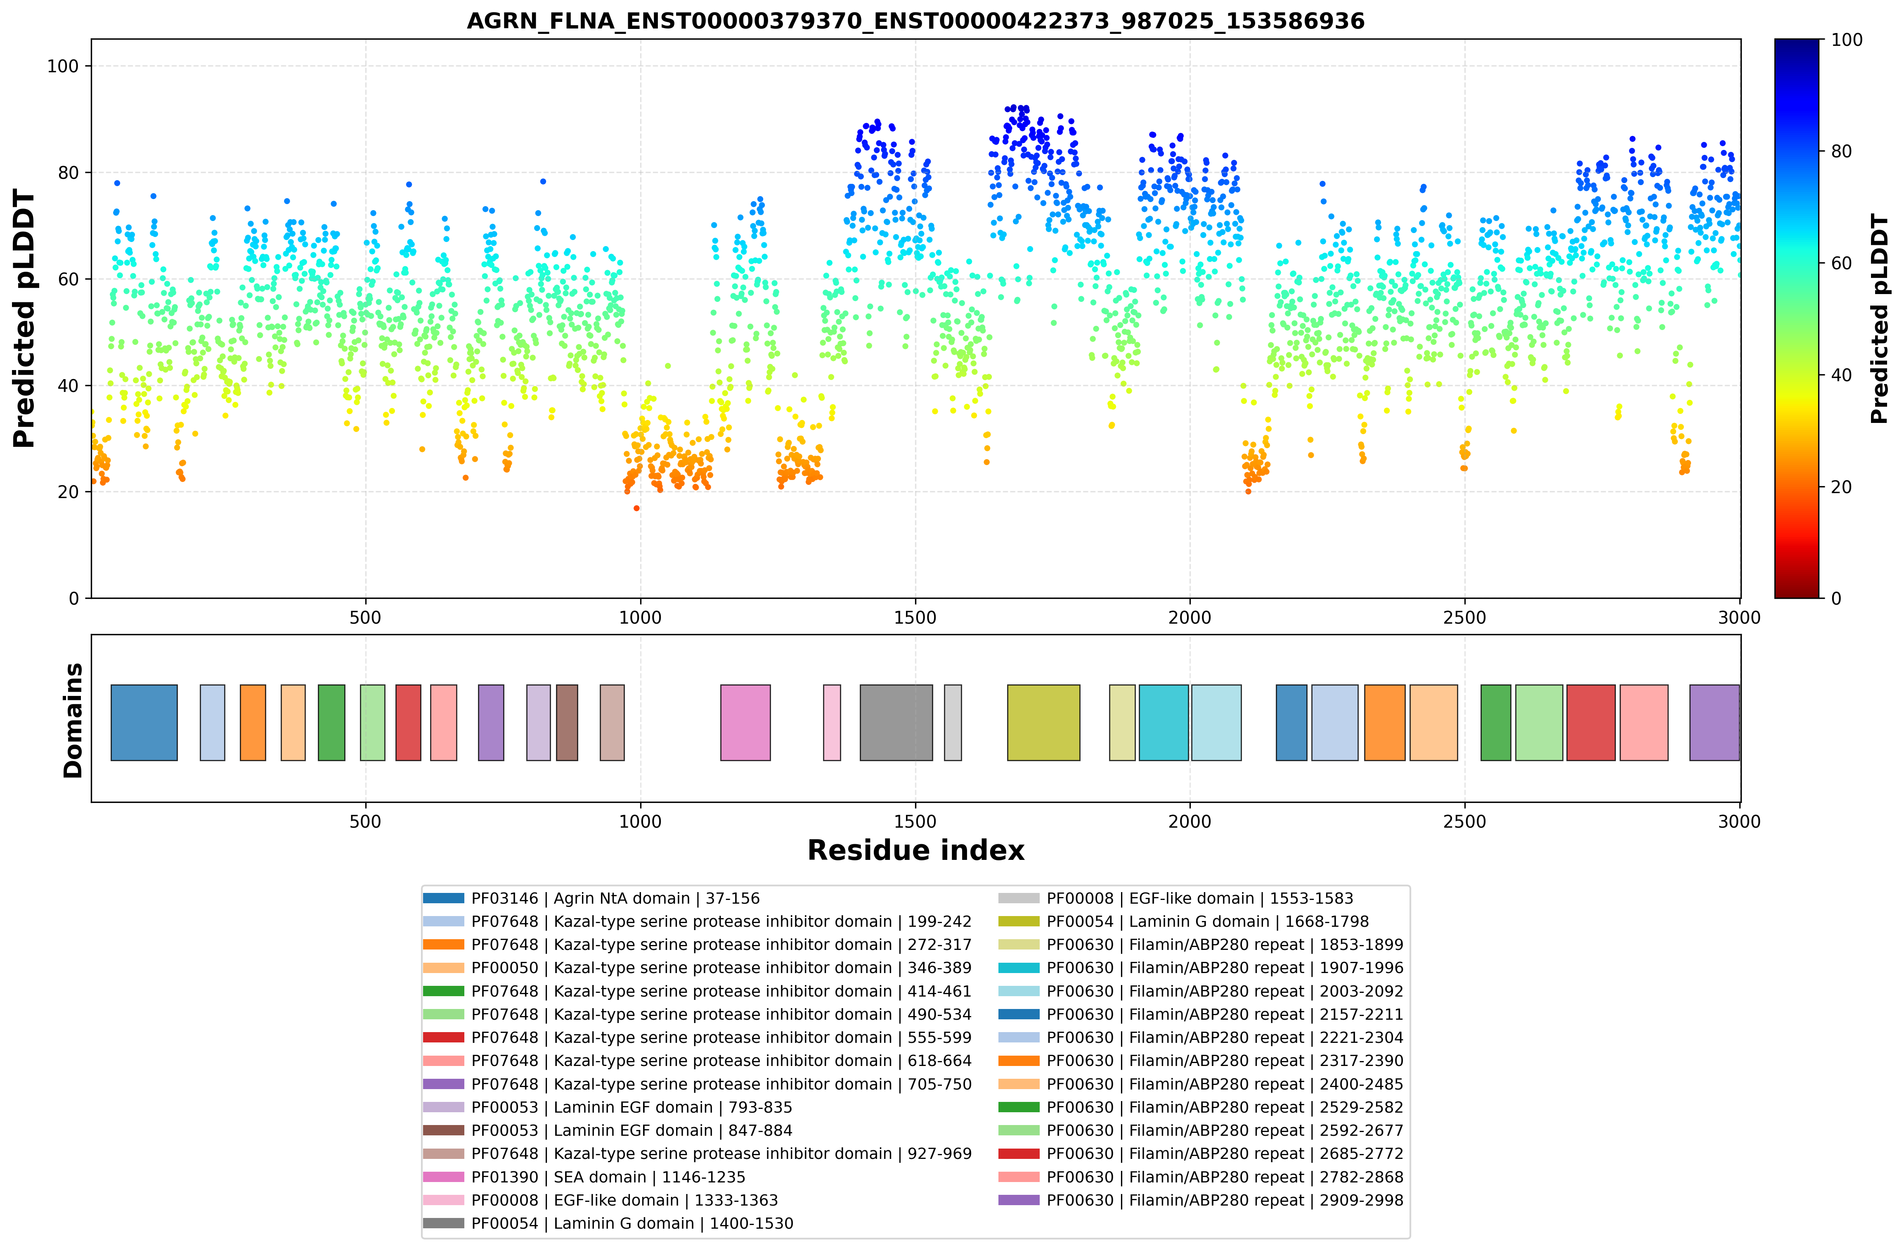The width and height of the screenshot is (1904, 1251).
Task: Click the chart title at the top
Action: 915,21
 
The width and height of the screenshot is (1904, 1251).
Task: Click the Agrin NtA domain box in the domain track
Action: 144,722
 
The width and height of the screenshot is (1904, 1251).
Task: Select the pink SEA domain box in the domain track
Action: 745,722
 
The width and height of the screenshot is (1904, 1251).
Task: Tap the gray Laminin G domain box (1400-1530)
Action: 896,722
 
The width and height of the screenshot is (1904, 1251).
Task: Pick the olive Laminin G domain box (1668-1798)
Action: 1043,722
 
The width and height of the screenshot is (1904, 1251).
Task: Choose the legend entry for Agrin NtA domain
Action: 592,899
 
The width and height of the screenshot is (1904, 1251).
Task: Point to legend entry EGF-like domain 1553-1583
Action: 1176,899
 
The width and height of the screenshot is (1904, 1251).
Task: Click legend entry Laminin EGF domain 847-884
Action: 608,1130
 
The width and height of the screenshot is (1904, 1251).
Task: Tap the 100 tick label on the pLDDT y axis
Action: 63,66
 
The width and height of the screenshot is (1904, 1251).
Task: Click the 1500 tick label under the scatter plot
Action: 914,618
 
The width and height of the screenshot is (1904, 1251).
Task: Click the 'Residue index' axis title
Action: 915,850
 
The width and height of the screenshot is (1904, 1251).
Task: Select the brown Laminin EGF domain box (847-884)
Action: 566,722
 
